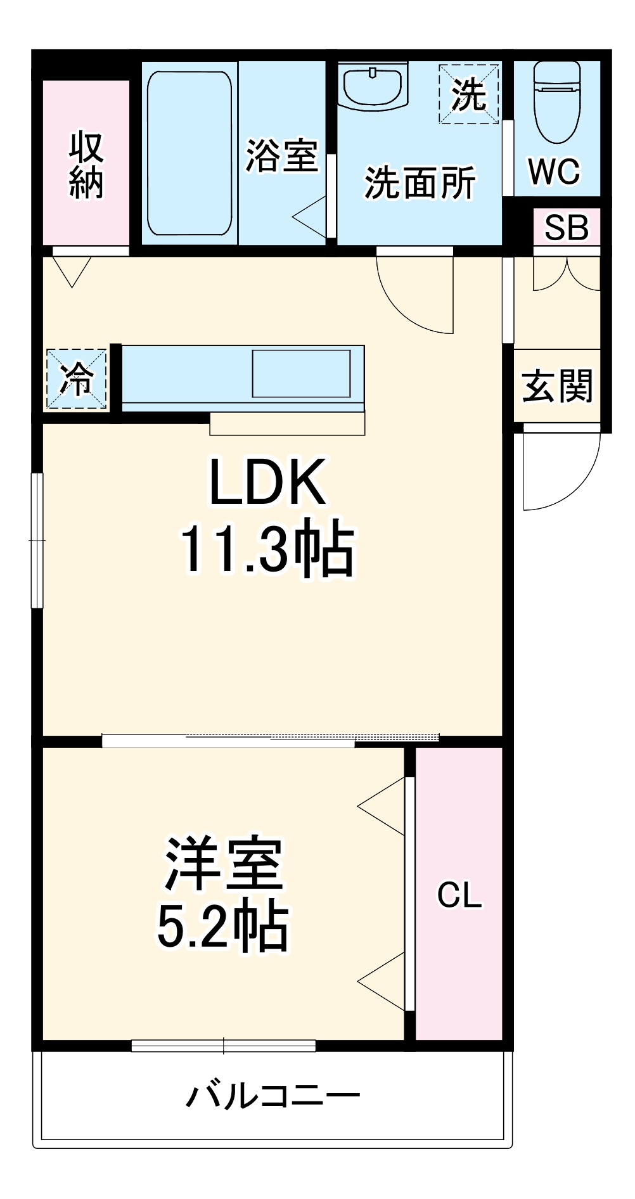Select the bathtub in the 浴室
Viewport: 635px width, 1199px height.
click(189, 153)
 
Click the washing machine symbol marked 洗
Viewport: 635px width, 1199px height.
click(468, 94)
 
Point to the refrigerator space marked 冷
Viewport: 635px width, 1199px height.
click(76, 378)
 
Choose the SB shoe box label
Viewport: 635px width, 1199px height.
click(566, 228)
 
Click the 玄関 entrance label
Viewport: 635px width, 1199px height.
click(556, 386)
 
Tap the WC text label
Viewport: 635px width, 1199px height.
click(554, 170)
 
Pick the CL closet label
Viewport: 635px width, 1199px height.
click(459, 895)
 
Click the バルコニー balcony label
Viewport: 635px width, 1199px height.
click(273, 1096)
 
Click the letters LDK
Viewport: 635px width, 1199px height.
click(267, 482)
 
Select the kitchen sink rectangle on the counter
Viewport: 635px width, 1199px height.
click(301, 373)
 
